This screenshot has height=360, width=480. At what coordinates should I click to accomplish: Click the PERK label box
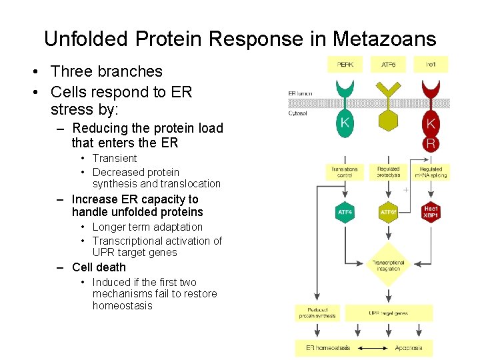[x=345, y=65]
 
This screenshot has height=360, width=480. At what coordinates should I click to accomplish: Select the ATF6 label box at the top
[x=388, y=65]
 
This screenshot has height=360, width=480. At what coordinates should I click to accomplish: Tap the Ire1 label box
[x=431, y=65]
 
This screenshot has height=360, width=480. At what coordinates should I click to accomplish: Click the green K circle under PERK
[x=345, y=123]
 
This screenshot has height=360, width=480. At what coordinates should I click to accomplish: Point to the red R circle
[x=431, y=143]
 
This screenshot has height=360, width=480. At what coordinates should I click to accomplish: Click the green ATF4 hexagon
[x=345, y=212]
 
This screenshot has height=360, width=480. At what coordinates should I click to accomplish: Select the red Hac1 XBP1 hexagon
[x=431, y=212]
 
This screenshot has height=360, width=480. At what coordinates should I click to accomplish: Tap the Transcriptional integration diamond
[x=388, y=265]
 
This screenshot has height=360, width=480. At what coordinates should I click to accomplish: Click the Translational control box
[x=345, y=172]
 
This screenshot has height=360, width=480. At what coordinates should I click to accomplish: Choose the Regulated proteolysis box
[x=388, y=172]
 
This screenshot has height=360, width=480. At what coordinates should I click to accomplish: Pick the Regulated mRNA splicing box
[x=431, y=172]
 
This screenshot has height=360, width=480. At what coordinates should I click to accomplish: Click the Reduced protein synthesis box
[x=317, y=313]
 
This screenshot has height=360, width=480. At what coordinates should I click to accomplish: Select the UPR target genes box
[x=388, y=313]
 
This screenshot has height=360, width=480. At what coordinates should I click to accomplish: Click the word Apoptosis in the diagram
[x=409, y=348]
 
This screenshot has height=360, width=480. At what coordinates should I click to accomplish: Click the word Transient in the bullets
[x=115, y=158]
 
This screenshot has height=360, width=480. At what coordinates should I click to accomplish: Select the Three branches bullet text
[x=106, y=71]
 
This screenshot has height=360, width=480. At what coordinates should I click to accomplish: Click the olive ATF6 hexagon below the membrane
[x=388, y=121]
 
